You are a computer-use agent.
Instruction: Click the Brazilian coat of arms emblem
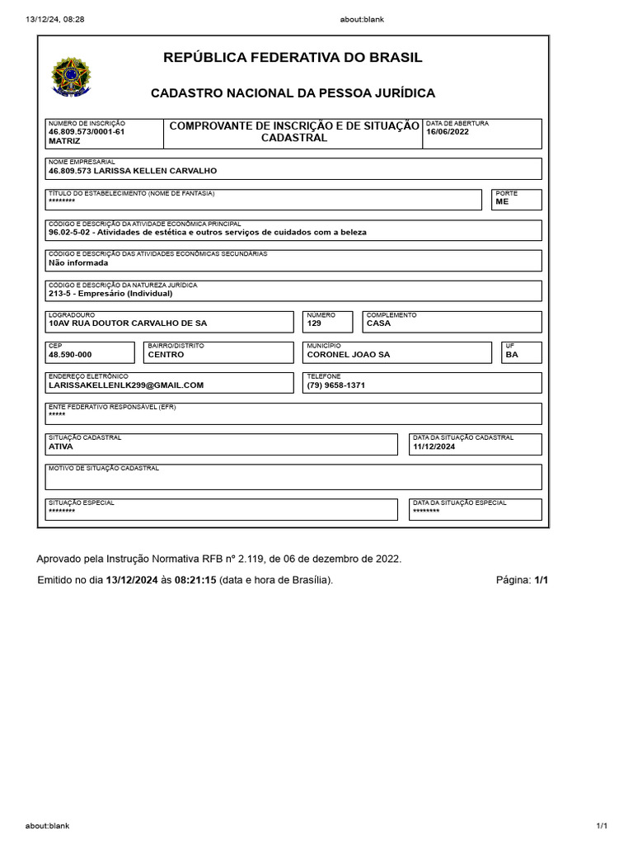pos(72,77)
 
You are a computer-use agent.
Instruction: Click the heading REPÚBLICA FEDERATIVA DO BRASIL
pos(293,58)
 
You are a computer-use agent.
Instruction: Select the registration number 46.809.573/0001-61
pos(87,131)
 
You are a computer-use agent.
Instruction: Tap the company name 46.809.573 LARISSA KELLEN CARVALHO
pos(133,171)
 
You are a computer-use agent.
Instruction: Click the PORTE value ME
pos(502,201)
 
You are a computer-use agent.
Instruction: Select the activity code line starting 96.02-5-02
pos(208,232)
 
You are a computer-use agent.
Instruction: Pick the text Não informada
pos(78,262)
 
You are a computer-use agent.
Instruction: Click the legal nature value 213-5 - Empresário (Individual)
pos(110,293)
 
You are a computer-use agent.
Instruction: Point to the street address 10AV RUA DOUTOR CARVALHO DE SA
pos(128,323)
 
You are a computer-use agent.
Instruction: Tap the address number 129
pos(314,323)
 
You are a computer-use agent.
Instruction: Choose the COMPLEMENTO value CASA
pos(378,323)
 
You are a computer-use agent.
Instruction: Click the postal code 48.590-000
pos(70,354)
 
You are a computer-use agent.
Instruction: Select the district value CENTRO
pos(166,354)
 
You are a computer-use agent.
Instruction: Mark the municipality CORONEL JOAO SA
pos(348,354)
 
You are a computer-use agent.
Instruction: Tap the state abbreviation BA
pos(512,354)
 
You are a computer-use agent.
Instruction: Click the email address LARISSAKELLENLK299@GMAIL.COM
pos(126,385)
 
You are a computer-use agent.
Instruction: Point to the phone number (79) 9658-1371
pos(335,385)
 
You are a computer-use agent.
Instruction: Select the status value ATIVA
pos(61,446)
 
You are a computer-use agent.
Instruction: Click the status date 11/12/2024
pos(433,446)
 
